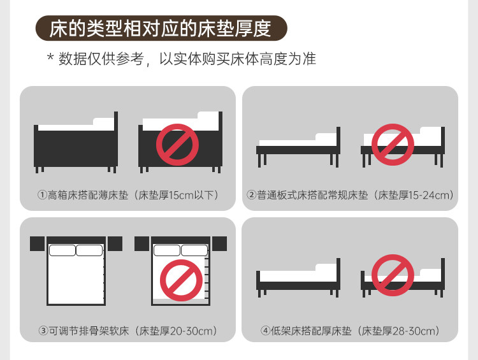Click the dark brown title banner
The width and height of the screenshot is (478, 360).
point(161,28)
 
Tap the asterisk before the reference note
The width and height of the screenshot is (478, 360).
point(50,57)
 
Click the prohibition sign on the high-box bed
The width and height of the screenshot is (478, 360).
point(177,145)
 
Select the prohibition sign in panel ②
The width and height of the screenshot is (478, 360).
point(393,145)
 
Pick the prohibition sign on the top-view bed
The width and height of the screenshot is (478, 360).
point(182,280)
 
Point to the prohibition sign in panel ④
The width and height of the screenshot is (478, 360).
point(393,275)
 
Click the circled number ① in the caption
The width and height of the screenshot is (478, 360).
point(42,195)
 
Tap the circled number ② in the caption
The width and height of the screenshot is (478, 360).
point(252,195)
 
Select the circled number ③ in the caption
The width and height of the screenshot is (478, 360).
point(43,331)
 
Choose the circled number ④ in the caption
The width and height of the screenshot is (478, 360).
point(266,331)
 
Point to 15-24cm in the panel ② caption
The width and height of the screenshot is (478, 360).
point(429,195)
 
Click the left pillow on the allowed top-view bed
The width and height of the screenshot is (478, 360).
point(62,250)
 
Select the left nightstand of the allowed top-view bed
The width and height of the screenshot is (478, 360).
point(37,243)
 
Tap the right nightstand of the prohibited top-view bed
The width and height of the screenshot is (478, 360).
point(219,243)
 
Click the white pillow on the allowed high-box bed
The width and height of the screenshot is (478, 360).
point(104,121)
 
